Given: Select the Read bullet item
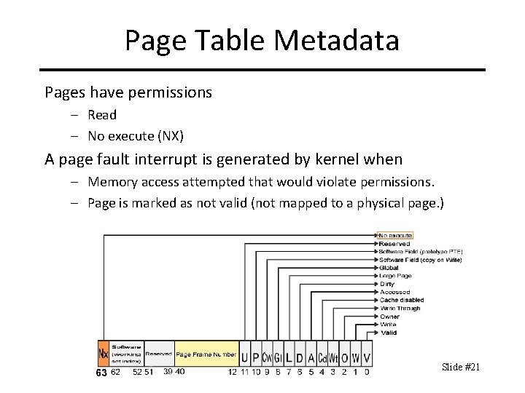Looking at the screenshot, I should [102, 115].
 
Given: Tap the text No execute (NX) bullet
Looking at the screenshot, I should [136, 136].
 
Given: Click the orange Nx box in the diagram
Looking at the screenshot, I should [104, 354].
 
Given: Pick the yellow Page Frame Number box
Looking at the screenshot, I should [206, 354].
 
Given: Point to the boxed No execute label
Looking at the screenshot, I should [396, 235].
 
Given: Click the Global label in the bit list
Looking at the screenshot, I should [389, 268].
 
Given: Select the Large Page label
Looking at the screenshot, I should [395, 276].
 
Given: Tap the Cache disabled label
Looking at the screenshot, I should [401, 300].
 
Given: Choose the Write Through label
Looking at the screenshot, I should [400, 309].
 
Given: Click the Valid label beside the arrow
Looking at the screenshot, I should [389, 333].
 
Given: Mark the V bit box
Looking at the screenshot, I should [367, 357].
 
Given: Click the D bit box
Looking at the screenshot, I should [300, 357].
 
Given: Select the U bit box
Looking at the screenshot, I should [244, 357].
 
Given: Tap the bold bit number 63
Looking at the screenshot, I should [101, 373].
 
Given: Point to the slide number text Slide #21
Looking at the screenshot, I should [461, 367].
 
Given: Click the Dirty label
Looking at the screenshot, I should [387, 284].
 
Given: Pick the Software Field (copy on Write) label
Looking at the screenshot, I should [421, 260].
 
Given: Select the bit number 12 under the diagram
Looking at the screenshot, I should [232, 372].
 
